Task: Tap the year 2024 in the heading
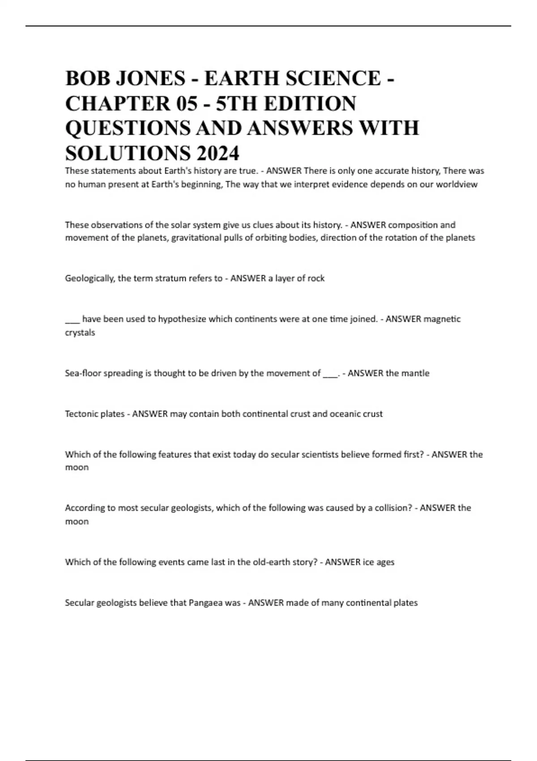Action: [217, 154]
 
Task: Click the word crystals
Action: [80, 333]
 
